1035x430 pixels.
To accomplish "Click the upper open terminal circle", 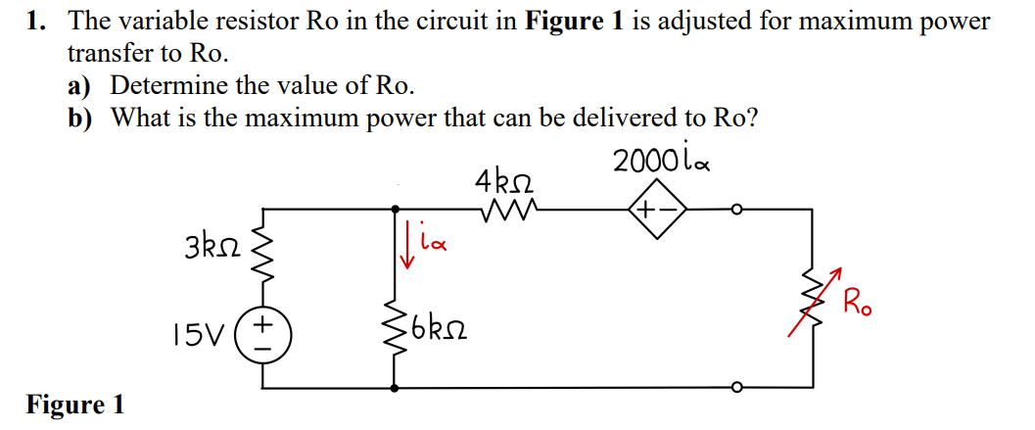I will tap(737, 209).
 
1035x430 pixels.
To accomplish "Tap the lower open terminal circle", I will tap(737, 388).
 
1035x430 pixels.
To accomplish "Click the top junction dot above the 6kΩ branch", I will tap(395, 209).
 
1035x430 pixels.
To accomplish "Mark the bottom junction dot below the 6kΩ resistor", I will tap(395, 388).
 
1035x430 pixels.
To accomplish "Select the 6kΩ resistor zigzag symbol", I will tap(395, 328).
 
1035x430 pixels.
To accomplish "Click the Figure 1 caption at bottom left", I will tap(76, 404).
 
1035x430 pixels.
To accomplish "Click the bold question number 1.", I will tap(36, 23).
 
